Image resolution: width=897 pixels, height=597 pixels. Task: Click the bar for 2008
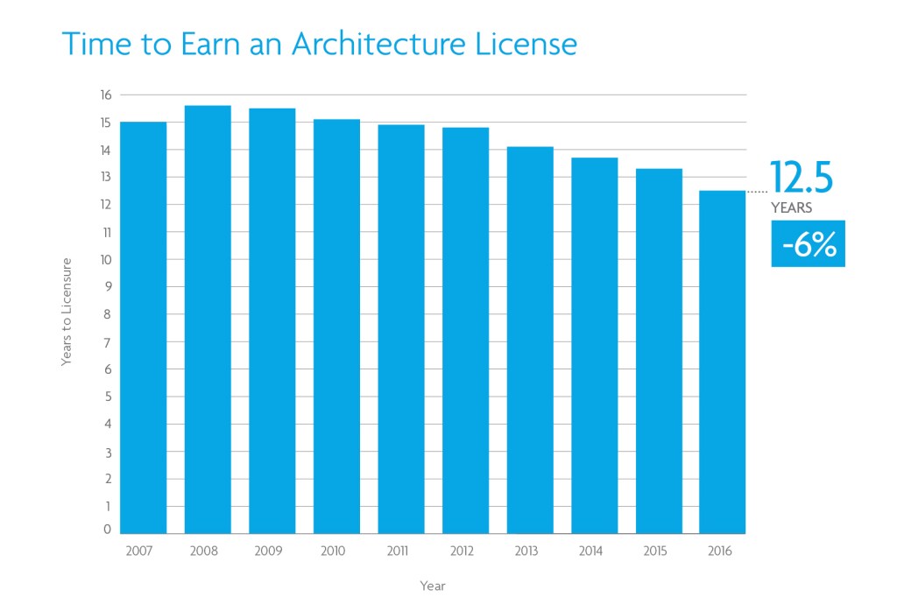[208, 320]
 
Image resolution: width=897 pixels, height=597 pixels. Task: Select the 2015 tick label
[654, 551]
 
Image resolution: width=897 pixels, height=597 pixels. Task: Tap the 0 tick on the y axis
[108, 530]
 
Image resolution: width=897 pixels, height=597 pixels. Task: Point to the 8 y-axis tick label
[108, 314]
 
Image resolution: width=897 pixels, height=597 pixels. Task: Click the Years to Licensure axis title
[67, 312]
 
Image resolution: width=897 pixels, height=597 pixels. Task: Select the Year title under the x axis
[432, 586]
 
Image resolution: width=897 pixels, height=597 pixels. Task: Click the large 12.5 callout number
[802, 178]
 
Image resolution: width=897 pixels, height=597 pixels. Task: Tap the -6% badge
[808, 244]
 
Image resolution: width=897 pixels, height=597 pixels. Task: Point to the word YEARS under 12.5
[791, 208]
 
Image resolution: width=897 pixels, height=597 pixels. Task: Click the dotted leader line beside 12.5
[756, 191]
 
